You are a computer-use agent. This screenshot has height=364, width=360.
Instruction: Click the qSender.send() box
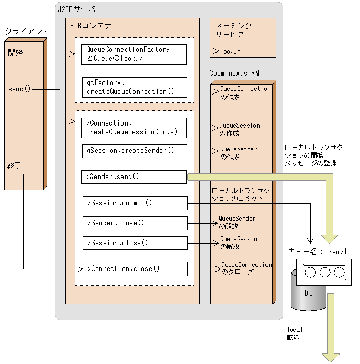[135, 176]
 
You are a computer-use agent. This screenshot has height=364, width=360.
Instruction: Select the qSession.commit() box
[135, 203]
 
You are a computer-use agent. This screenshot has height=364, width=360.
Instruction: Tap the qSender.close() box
[135, 223]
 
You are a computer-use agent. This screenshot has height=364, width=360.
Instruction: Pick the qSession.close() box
[135, 243]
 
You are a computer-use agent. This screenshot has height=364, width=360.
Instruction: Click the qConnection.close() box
[135, 268]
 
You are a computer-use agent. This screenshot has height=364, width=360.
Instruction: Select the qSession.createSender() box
[135, 151]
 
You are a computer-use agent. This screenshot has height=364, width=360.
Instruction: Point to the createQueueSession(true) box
[135, 127]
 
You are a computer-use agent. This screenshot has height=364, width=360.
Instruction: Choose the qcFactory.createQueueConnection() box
[135, 87]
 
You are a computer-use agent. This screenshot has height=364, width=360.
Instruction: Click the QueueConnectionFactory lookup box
[135, 54]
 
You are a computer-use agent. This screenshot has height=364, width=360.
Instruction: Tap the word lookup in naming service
[230, 51]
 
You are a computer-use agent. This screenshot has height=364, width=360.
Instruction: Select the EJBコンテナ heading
[90, 25]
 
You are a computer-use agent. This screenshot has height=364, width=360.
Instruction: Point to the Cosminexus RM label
[234, 72]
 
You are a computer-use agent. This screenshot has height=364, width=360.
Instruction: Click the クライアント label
[26, 32]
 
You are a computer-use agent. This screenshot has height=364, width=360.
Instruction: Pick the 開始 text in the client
[15, 53]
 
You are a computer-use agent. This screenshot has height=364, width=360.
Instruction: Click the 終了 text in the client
[15, 165]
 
